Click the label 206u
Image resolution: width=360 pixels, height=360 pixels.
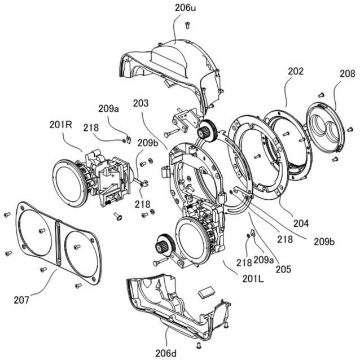(x=185, y=8)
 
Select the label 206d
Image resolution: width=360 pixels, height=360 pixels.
(x=166, y=353)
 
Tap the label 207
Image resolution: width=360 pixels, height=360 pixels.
(x=21, y=300)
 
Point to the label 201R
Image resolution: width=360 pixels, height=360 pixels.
(x=60, y=125)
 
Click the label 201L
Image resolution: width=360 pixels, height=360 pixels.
(x=253, y=279)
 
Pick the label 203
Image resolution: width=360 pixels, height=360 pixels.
(x=141, y=103)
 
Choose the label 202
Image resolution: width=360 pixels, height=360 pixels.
(x=296, y=72)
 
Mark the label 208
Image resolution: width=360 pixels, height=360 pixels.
(x=348, y=74)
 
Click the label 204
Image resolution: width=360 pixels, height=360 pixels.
(x=301, y=223)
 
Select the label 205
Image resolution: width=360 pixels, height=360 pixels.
(x=283, y=269)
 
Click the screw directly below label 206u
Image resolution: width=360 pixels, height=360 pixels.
(x=187, y=25)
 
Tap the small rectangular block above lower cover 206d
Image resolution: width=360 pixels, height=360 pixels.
(x=207, y=292)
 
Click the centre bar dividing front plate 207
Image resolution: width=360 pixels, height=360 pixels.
(x=58, y=244)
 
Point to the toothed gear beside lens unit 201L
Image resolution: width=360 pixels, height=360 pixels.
(x=165, y=245)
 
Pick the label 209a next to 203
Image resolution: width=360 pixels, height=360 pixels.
(x=108, y=109)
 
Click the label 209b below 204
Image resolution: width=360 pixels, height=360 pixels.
(x=324, y=242)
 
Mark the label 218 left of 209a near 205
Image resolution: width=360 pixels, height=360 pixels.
(x=244, y=262)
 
